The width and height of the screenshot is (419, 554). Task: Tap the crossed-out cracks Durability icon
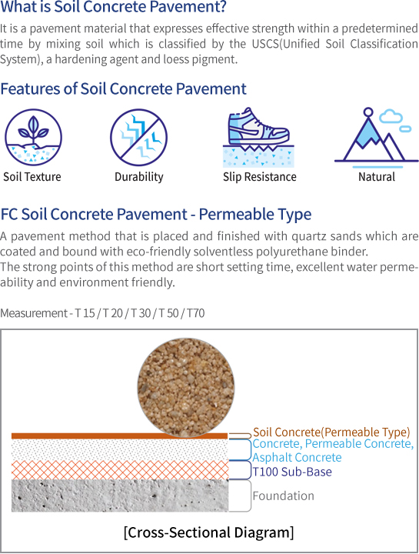click(x=138, y=137)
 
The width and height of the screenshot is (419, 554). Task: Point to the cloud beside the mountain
click(x=390, y=117)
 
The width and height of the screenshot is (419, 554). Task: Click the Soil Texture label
click(x=32, y=177)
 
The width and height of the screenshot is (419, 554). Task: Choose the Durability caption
click(x=139, y=177)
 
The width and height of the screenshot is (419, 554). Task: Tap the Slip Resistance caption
click(x=259, y=177)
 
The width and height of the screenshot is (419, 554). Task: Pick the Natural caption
click(x=377, y=177)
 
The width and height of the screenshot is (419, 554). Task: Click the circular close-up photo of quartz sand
click(x=186, y=388)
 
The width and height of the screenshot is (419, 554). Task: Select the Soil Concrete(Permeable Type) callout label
click(x=331, y=432)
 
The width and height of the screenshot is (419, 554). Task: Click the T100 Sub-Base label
click(x=292, y=472)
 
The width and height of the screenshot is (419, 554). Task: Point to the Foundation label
click(x=283, y=496)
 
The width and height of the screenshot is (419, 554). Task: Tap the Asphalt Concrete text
click(x=297, y=457)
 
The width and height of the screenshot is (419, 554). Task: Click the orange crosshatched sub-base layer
click(x=120, y=469)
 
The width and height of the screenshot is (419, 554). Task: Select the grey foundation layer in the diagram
click(x=120, y=496)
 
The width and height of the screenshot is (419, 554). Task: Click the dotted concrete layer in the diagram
click(x=120, y=449)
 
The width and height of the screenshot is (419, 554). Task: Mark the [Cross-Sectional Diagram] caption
click(x=208, y=532)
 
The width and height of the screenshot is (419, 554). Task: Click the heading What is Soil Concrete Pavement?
click(x=113, y=7)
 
